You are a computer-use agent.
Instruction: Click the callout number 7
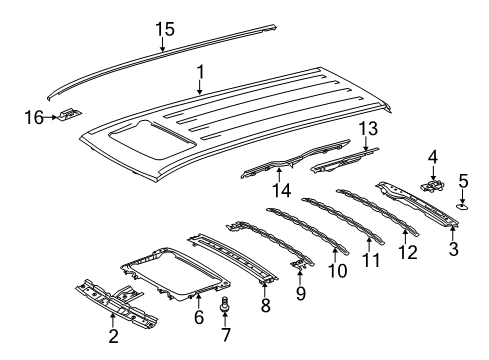tap(225, 331)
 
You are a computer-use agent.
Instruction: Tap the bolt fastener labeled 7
tap(225, 304)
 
